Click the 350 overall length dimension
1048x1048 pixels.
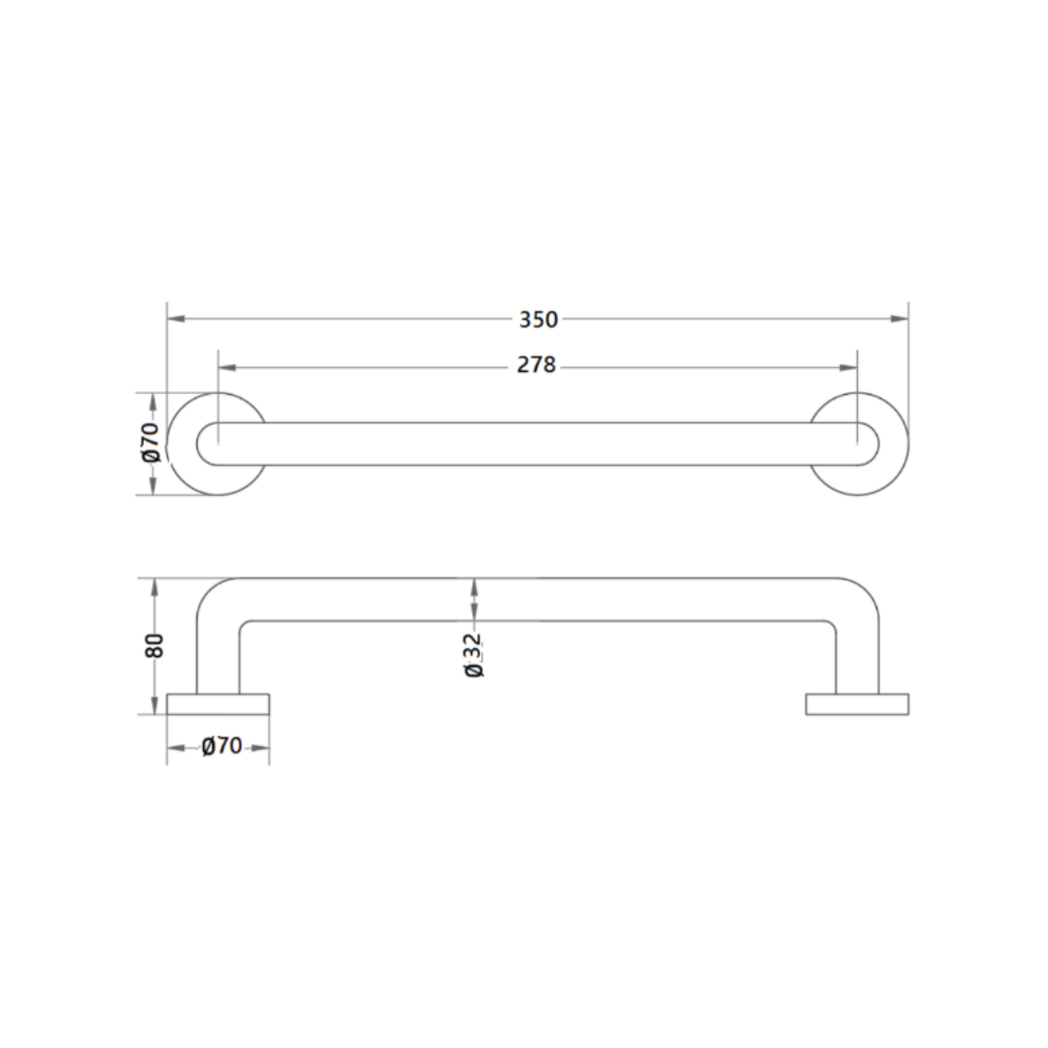pyautogui.click(x=538, y=319)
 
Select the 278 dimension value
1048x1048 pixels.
pyautogui.click(x=537, y=365)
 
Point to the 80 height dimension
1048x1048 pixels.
pyautogui.click(x=154, y=645)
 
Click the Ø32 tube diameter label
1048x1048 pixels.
pyautogui.click(x=474, y=656)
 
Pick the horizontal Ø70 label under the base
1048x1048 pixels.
pyautogui.click(x=221, y=745)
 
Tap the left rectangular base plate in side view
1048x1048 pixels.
pyautogui.click(x=218, y=704)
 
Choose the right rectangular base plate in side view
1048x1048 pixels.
pyautogui.click(x=857, y=704)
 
